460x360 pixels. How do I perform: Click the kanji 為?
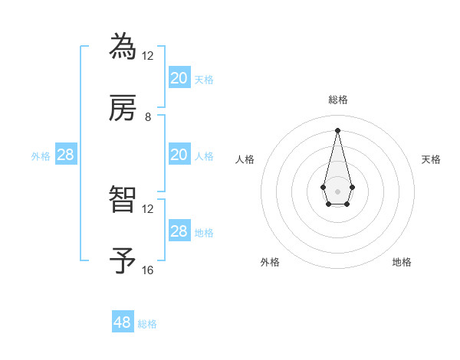click(x=123, y=45)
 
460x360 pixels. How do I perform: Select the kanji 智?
click(x=123, y=198)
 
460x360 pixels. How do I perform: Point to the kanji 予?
click(x=123, y=260)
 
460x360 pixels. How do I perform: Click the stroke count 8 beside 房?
click(x=148, y=117)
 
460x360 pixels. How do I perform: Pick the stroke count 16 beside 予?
click(x=148, y=270)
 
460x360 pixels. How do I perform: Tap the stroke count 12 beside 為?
click(x=148, y=55)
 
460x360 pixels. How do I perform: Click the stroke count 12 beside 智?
click(x=148, y=209)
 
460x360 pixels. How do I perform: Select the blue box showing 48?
click(x=123, y=322)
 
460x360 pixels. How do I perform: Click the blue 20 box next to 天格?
click(x=179, y=77)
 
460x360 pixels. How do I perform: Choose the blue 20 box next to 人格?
click(x=179, y=155)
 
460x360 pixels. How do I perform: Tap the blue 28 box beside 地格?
click(x=179, y=231)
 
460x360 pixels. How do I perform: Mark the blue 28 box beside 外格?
click(x=66, y=155)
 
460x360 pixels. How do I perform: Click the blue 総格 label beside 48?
click(x=148, y=324)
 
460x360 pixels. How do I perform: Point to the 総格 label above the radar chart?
click(x=337, y=100)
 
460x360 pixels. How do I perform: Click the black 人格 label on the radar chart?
click(x=245, y=159)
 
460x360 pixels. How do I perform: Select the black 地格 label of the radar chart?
click(x=402, y=262)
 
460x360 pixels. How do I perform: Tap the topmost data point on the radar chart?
click(x=337, y=129)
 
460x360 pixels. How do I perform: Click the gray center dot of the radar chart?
click(x=337, y=190)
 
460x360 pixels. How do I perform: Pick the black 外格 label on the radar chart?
click(x=270, y=262)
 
